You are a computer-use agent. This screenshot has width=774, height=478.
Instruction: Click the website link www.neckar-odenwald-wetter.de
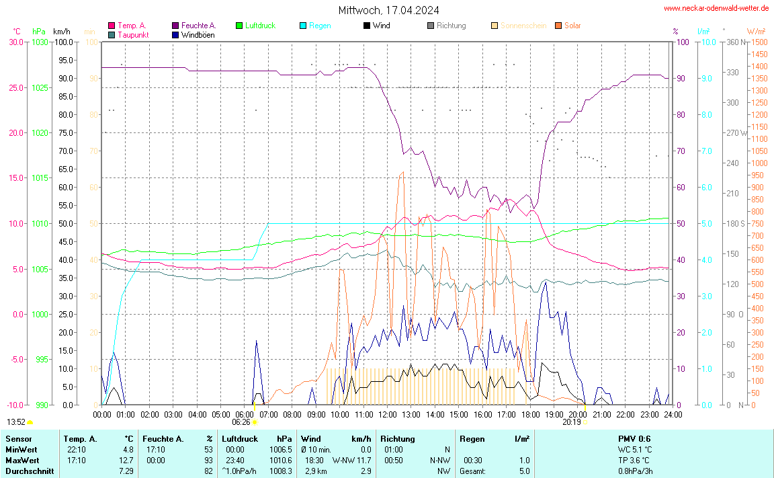point(716,8)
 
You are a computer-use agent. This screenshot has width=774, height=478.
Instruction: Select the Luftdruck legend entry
point(255,26)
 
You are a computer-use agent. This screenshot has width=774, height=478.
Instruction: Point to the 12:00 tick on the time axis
point(388,415)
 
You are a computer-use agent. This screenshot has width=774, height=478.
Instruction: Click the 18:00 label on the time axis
point(531,415)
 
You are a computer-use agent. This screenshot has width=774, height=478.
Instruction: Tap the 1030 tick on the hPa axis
point(40,42)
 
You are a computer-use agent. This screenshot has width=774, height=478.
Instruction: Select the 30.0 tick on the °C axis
point(16,42)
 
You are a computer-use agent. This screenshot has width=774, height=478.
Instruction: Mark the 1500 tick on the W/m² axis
point(759,42)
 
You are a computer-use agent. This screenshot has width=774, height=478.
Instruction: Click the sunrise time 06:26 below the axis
point(241,423)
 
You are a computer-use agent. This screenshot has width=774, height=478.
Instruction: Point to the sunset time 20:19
point(571,423)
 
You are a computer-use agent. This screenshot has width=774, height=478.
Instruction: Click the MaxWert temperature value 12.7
point(128,461)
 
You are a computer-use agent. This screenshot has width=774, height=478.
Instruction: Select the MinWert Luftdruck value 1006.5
point(281,450)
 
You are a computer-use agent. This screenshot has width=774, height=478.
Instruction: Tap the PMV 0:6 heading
point(634,439)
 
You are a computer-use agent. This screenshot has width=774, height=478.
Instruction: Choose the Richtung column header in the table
point(397,439)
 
